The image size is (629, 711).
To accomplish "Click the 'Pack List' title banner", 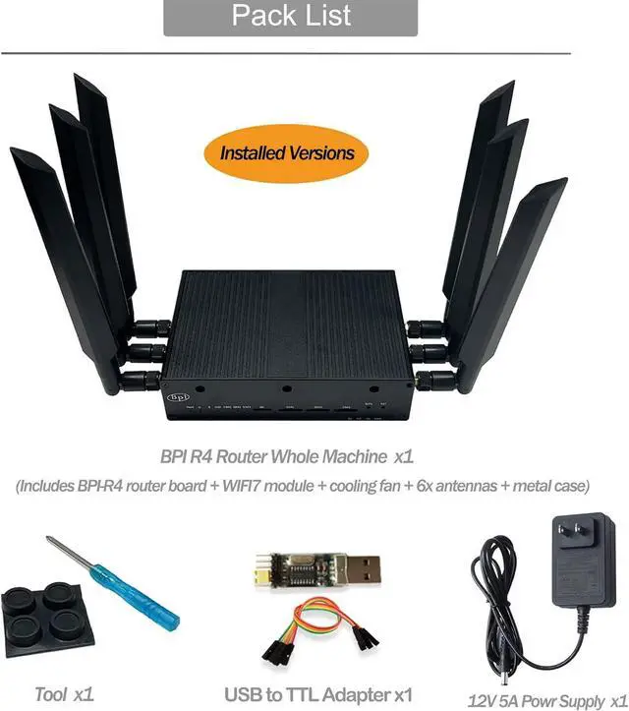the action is (x=292, y=17).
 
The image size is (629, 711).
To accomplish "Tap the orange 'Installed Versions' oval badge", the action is (x=287, y=152).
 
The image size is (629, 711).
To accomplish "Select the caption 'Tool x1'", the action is (x=63, y=694).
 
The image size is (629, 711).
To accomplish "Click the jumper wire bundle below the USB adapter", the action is (x=314, y=634).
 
